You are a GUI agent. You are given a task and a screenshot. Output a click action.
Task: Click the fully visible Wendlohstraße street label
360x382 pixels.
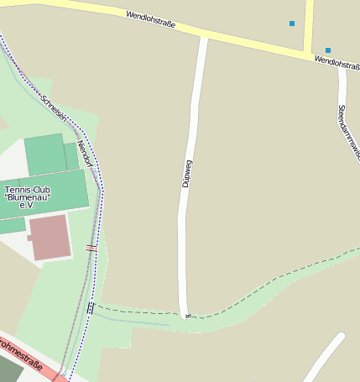[151, 20]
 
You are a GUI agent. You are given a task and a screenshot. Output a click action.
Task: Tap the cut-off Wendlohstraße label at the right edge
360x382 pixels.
[338, 63]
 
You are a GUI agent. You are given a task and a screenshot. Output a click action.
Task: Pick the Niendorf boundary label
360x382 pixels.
[84, 155]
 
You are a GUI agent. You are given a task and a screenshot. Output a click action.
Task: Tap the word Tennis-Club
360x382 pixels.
[29, 190]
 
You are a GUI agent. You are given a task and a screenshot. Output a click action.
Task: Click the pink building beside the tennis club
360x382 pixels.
[50, 237]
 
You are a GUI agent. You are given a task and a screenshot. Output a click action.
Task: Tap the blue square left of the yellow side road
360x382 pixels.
[292, 24]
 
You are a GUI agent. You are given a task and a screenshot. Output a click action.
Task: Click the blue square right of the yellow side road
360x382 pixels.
[327, 50]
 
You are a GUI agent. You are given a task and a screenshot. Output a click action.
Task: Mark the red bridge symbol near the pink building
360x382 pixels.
[91, 248]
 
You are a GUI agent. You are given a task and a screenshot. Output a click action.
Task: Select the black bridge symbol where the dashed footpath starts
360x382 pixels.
[91, 307]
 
